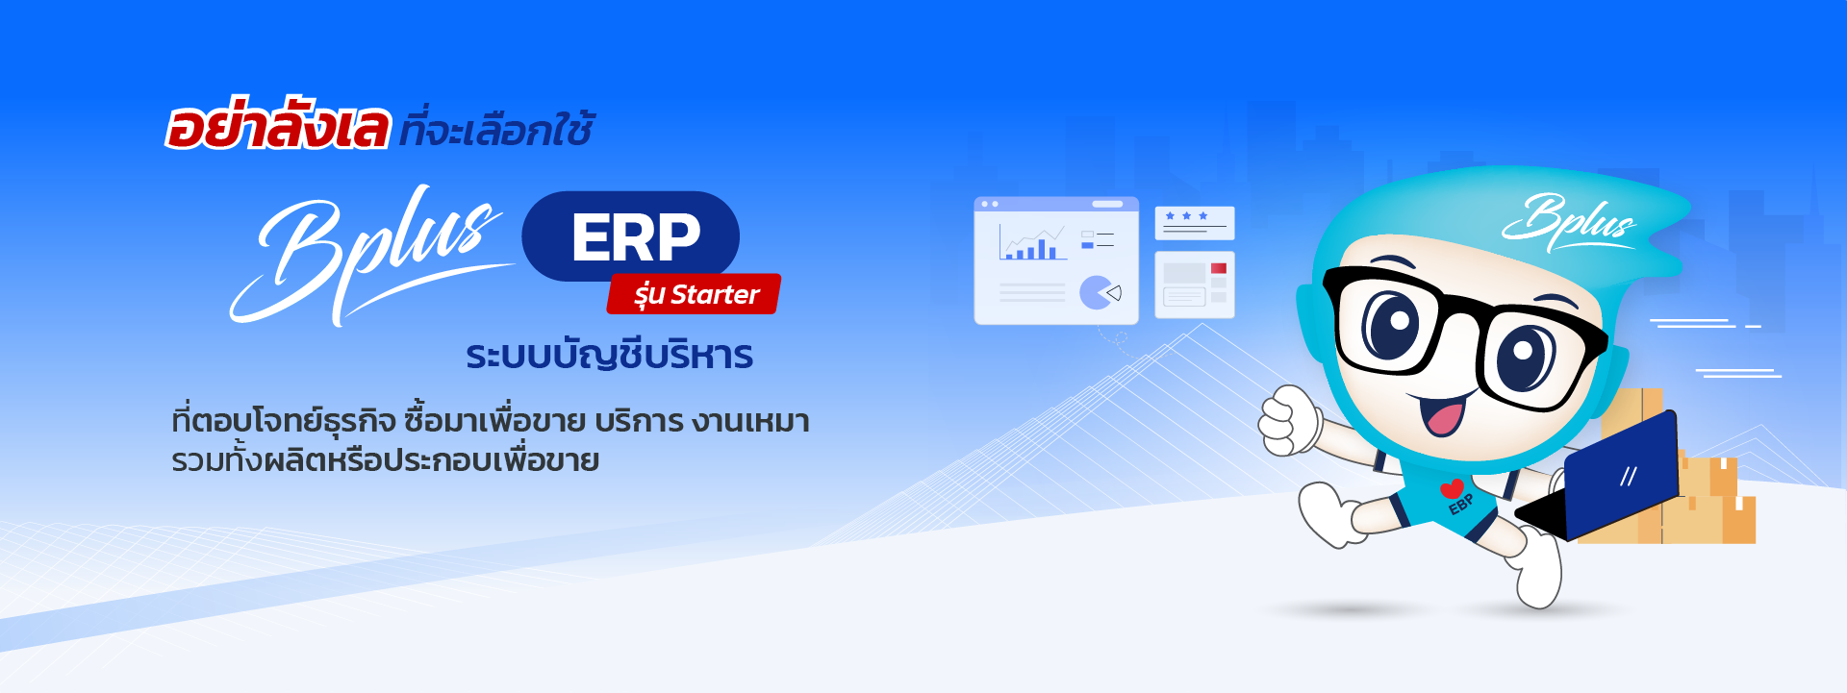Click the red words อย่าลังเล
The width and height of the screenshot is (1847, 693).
click(x=277, y=127)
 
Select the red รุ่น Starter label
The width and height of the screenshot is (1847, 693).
click(x=695, y=294)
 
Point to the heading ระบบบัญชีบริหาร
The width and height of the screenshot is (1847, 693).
click(x=609, y=356)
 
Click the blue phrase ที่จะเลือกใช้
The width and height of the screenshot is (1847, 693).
click(x=495, y=130)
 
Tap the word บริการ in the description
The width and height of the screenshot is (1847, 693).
click(x=639, y=421)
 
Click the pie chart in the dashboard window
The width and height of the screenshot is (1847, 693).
click(x=1097, y=292)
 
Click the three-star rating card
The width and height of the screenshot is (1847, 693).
click(x=1194, y=222)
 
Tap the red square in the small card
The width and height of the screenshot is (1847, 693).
click(x=1219, y=268)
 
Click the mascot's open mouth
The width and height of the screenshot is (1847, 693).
click(x=1443, y=413)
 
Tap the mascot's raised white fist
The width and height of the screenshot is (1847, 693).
click(x=1289, y=421)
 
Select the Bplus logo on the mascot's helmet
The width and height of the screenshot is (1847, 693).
click(x=1568, y=221)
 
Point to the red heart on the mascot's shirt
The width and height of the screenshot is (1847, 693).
click(x=1452, y=488)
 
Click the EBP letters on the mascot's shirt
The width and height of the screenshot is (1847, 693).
click(x=1461, y=504)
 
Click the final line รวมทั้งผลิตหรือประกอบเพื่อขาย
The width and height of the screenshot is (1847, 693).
click(x=385, y=460)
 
